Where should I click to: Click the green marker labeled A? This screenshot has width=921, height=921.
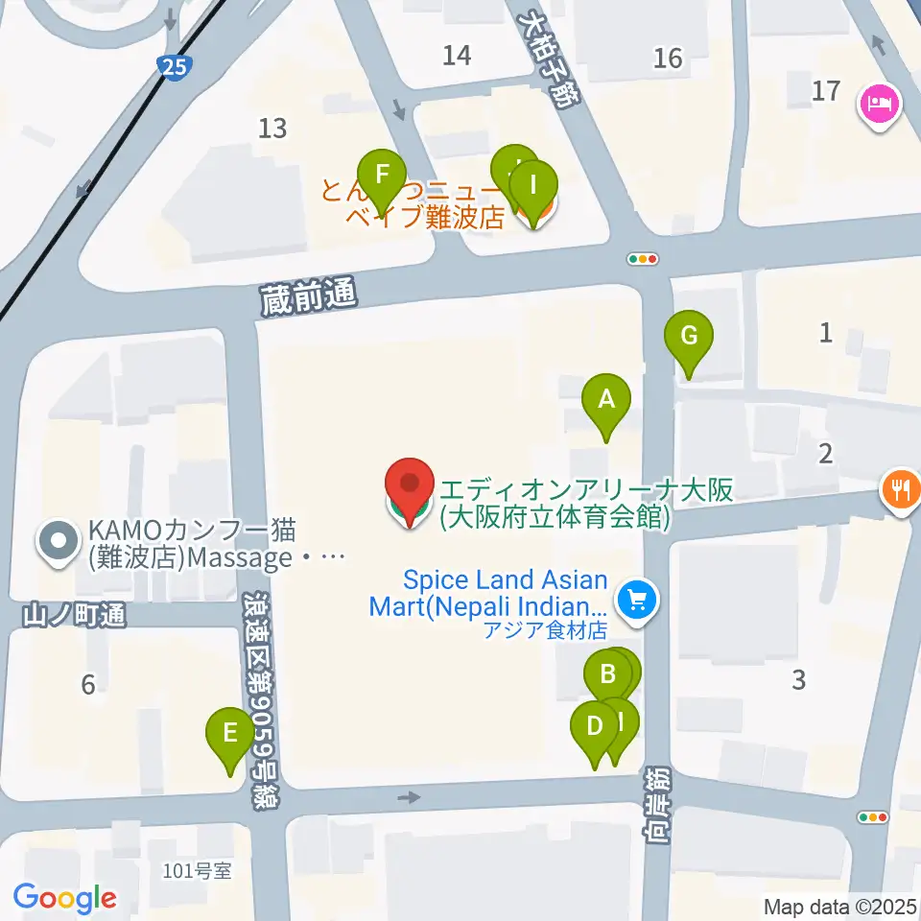pyautogui.click(x=606, y=400)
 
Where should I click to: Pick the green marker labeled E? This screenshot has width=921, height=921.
pyautogui.click(x=230, y=736)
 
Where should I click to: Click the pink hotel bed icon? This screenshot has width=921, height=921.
pyautogui.click(x=880, y=102)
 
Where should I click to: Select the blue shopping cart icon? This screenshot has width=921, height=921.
pyautogui.click(x=634, y=602)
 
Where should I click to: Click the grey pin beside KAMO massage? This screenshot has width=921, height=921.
pyautogui.click(x=59, y=542)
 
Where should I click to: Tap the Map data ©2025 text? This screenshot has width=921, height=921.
pyautogui.click(x=840, y=906)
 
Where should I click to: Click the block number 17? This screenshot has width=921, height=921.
pyautogui.click(x=826, y=92)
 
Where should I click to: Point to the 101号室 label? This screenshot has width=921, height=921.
pyautogui.click(x=198, y=871)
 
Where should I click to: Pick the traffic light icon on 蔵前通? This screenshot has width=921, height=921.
pyautogui.click(x=643, y=258)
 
